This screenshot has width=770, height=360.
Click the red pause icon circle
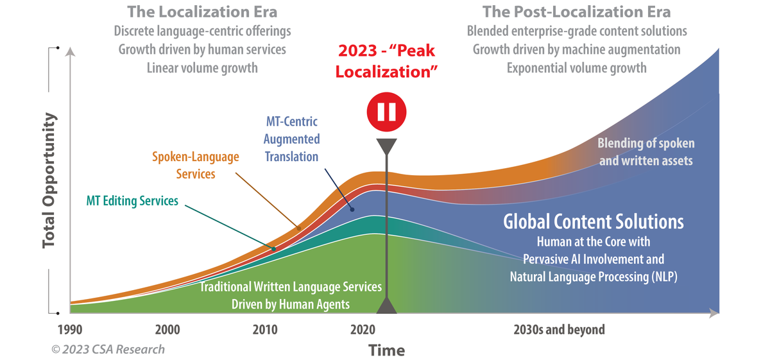pos(386,112)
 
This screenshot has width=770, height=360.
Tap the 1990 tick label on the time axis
pos(69,330)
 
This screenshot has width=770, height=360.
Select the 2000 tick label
pos(167,330)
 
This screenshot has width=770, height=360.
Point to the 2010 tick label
pos(265,330)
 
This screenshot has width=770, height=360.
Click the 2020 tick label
pos(363,330)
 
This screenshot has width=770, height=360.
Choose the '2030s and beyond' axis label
pos(559,330)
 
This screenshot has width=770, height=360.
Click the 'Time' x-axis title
pos(386,350)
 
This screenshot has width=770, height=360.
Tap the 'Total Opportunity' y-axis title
pos(49,181)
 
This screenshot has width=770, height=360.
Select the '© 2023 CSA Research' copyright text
pos(108,350)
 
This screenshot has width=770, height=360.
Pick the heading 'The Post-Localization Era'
pos(576,12)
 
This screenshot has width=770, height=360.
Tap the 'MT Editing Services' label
pos(132,201)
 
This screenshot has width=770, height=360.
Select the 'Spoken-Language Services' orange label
pos(195,164)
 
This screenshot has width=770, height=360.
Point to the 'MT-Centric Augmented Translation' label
pos(292,139)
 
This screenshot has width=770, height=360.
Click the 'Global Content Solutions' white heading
pos(594,222)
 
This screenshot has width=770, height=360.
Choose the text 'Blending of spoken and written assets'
pos(646,152)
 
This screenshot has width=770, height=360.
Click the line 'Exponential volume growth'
pos(576,67)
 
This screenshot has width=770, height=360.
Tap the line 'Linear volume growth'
pos(202,67)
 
